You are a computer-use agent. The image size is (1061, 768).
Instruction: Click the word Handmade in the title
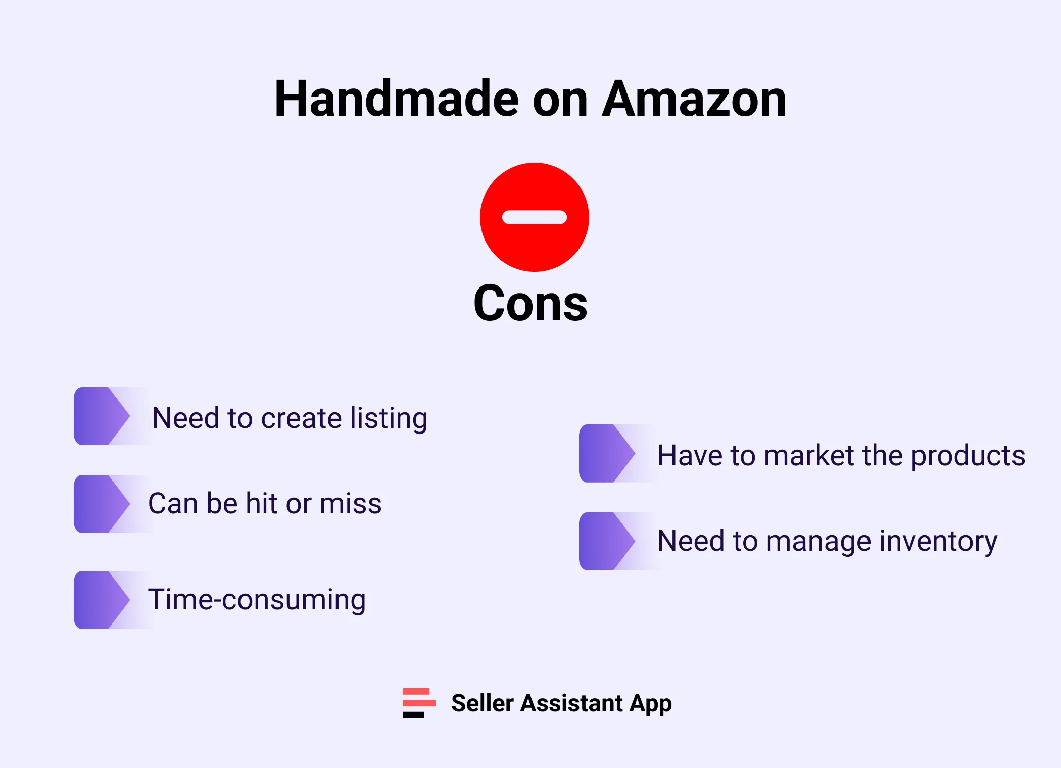tap(396, 99)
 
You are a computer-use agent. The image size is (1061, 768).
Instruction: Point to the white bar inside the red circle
tap(534, 217)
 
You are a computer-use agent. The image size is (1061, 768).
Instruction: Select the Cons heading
tap(530, 303)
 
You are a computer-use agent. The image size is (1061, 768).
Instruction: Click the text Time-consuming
tap(257, 600)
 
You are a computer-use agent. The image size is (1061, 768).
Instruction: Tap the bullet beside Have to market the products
tap(607, 453)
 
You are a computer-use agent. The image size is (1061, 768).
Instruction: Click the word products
tap(968, 456)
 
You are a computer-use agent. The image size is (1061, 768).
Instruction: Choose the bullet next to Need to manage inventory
tap(607, 541)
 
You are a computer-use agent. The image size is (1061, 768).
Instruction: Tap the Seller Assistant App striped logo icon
tap(418, 703)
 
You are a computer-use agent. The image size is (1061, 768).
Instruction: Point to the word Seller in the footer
tap(482, 703)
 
